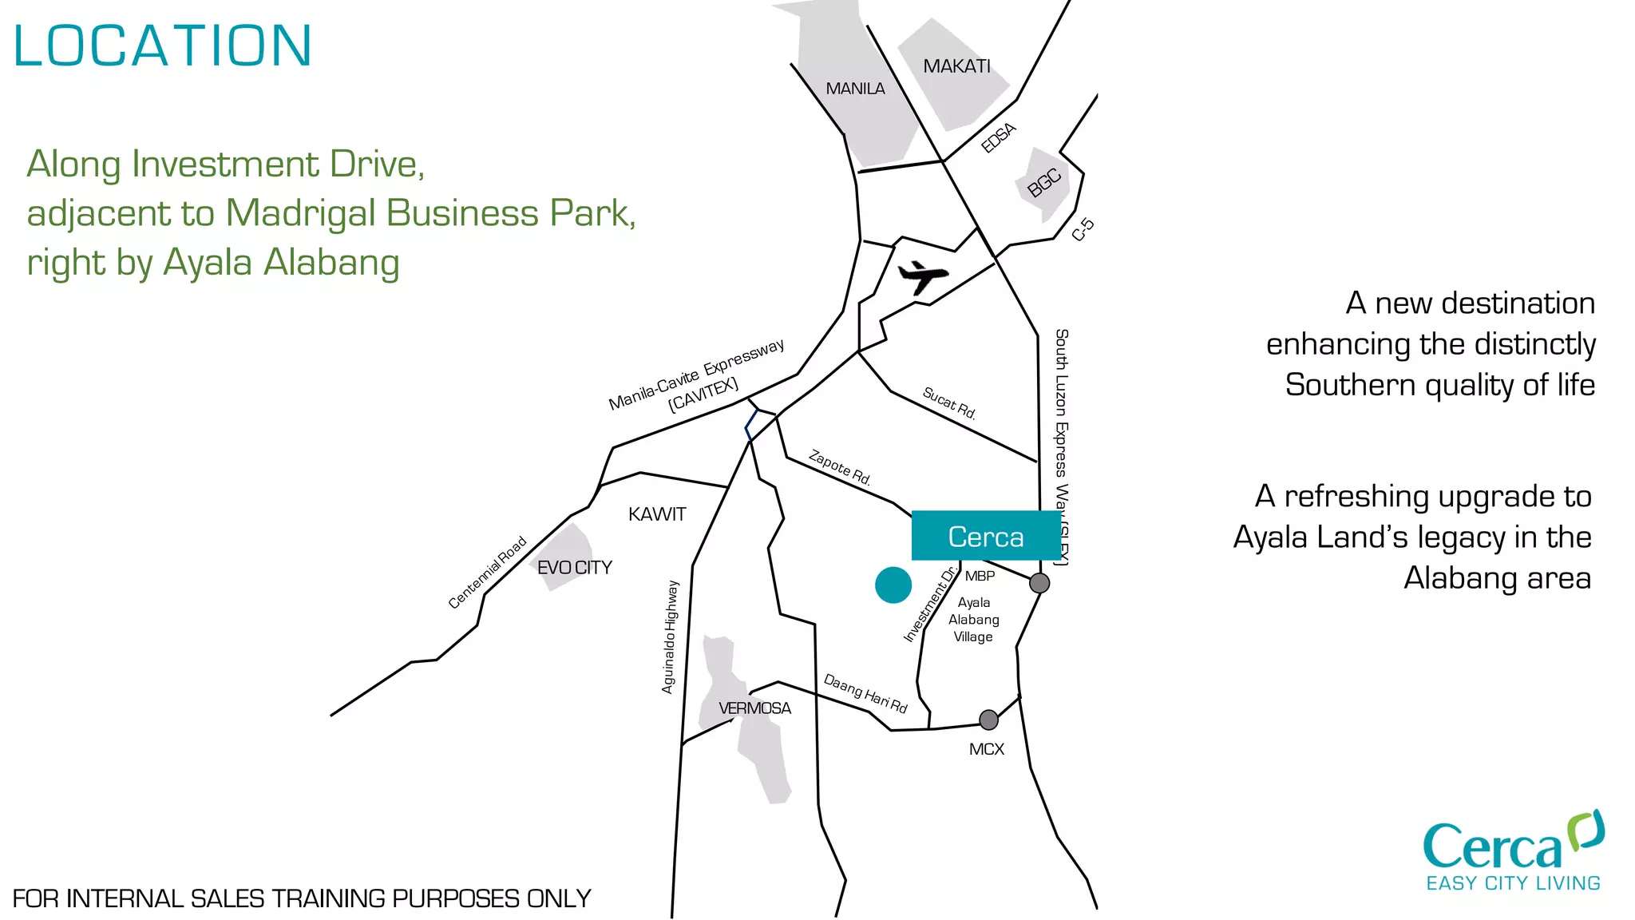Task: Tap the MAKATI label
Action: (956, 66)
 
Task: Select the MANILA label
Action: (855, 89)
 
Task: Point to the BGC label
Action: (1044, 183)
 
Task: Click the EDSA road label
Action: (998, 137)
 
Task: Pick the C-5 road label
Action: (1083, 229)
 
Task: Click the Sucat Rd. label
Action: (948, 402)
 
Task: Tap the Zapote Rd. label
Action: (839, 467)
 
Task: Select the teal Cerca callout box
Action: (986, 536)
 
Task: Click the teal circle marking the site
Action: (893, 585)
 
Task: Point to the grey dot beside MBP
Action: (1039, 583)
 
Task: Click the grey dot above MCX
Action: (988, 720)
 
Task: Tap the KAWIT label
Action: (657, 514)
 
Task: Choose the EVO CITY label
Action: (575, 568)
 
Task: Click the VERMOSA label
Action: (754, 708)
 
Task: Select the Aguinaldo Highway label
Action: (670, 636)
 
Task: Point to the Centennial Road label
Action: (487, 572)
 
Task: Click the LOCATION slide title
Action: (162, 46)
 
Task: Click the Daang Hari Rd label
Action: (865, 692)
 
